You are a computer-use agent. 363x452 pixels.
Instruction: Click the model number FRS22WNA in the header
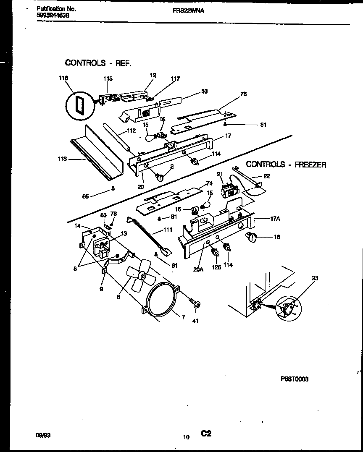[x=188, y=11]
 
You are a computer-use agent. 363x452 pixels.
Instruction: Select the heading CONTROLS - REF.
[x=98, y=63]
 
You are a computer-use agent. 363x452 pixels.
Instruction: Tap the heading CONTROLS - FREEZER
[x=286, y=165]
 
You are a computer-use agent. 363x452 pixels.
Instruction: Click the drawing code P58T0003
[x=294, y=379]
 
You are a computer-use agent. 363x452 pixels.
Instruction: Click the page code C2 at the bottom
[x=205, y=434]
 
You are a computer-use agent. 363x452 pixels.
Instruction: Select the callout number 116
[x=63, y=78]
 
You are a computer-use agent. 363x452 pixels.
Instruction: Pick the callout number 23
[x=315, y=278]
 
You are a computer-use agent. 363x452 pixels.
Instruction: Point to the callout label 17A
[x=275, y=219]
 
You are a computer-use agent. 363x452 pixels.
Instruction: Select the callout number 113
[x=62, y=159]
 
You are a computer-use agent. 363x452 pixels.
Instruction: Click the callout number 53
[x=204, y=91]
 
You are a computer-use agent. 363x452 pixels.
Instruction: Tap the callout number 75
[x=243, y=94]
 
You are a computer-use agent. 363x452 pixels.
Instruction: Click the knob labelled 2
[x=160, y=178]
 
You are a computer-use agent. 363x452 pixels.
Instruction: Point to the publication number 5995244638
[x=53, y=16]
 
